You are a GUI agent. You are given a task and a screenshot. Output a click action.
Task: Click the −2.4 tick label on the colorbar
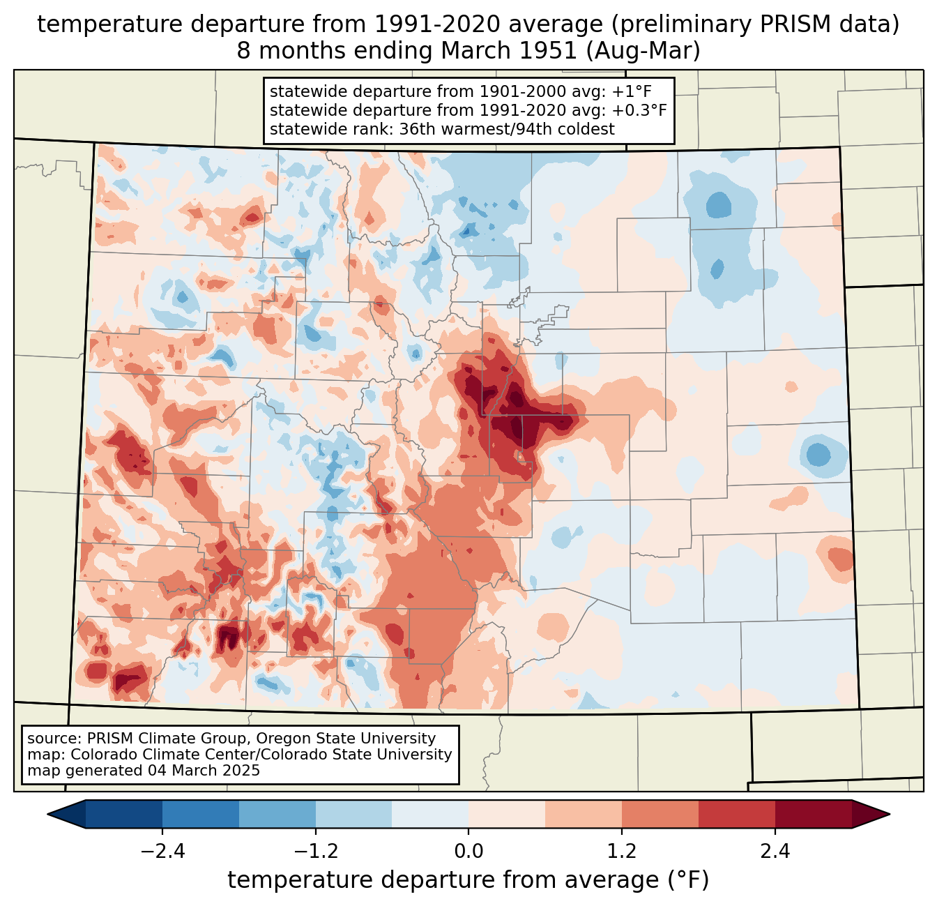point(162,851)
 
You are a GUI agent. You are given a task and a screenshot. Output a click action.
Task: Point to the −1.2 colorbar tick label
point(316,851)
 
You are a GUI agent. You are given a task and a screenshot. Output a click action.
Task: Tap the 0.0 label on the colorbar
point(468,851)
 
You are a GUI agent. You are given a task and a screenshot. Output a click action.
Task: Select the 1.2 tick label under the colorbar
point(622,851)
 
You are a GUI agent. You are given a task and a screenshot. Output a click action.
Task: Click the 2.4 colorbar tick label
point(775,851)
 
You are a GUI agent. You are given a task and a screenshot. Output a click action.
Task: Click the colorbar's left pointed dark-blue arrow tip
point(47,815)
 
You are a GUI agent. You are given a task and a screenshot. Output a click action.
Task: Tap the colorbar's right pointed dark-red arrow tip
point(890,815)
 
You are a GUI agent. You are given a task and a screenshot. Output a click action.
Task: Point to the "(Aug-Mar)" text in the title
point(643,51)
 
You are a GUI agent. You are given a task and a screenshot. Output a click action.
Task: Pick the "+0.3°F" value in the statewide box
point(639,110)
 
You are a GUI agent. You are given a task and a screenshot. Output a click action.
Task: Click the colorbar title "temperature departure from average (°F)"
point(468,879)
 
